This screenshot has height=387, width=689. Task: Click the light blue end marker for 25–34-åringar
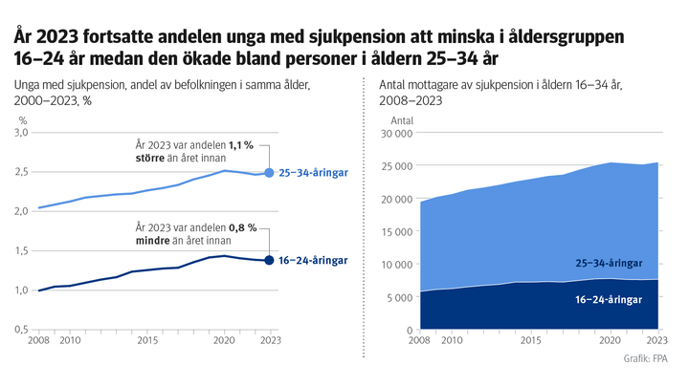point(269,173)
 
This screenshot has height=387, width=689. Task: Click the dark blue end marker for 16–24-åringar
point(269,260)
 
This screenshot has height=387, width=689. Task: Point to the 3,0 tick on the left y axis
point(20,132)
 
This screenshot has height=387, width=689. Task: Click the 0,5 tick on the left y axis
point(20,329)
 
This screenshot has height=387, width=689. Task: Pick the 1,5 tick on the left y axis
point(20,250)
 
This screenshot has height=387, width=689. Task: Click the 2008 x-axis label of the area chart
point(419,340)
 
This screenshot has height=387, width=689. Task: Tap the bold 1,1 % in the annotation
point(240,145)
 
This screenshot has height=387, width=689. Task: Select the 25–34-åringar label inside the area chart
point(609,262)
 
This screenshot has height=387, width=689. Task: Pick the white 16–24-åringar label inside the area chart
point(609,298)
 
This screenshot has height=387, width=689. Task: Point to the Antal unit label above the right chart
point(402,120)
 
